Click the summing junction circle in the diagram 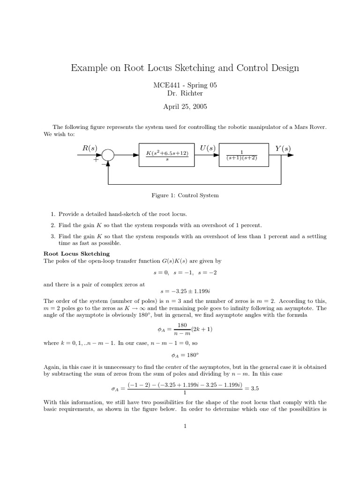108,155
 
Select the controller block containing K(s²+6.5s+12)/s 166,155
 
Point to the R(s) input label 90,149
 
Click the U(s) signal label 206,149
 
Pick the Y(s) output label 283,149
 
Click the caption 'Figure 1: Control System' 180,195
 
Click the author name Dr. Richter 180,93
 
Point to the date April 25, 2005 180,106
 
